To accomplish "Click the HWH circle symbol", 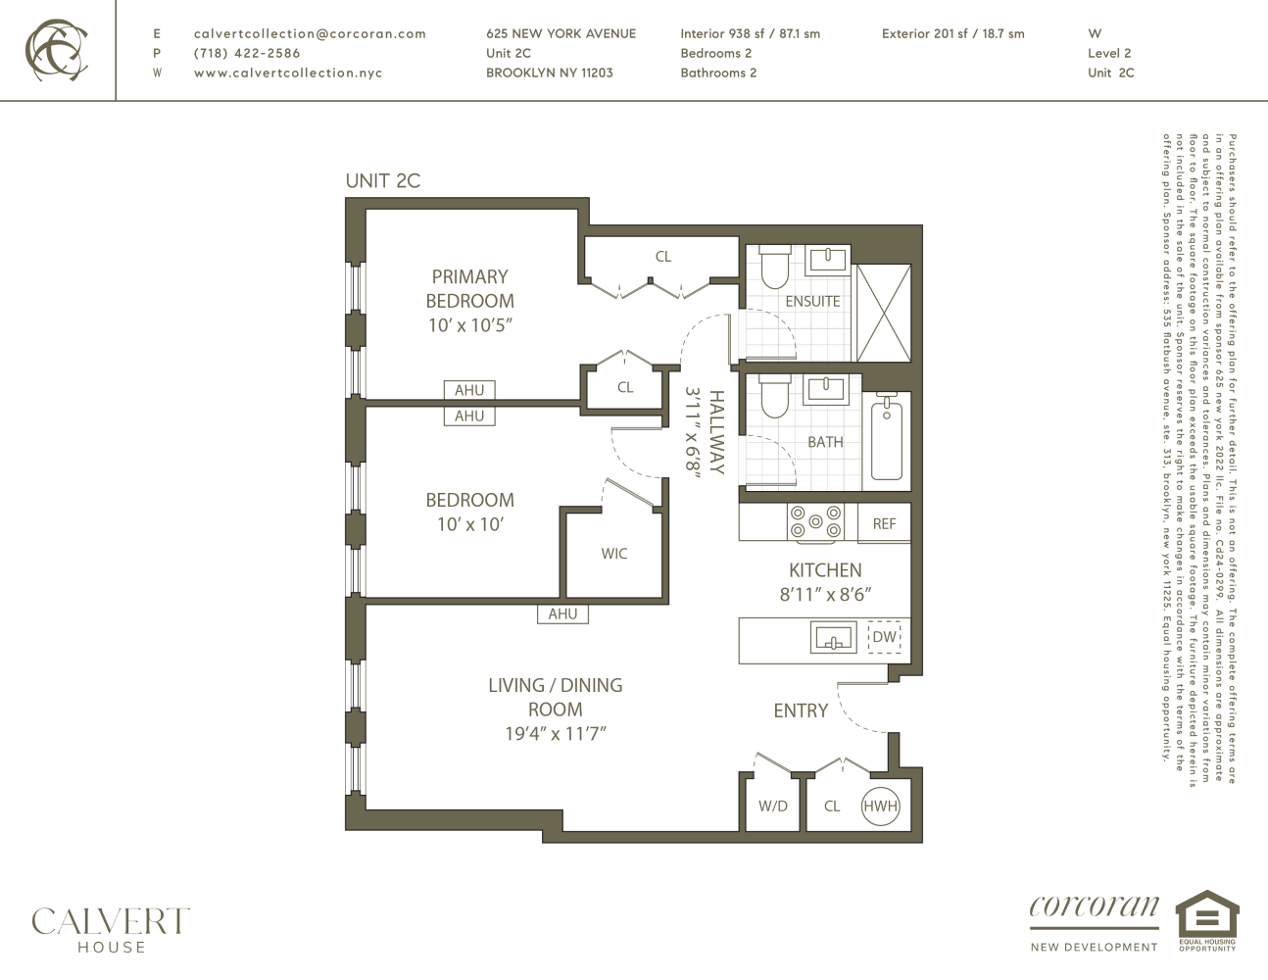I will coord(880,806).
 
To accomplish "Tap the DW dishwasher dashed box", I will coord(884,637).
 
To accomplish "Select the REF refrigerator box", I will coord(884,523).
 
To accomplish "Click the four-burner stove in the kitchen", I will coord(815,522).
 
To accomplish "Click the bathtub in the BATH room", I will coord(887,437).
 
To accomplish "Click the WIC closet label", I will coord(614,554).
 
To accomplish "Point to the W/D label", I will coord(772,807).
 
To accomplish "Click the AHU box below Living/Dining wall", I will coord(562,614).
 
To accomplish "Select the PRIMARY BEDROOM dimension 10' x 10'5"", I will coord(470,325).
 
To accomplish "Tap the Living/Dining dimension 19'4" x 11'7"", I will coord(555,734).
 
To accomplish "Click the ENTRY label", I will coord(801,711).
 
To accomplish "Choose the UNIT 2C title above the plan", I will coord(382,181).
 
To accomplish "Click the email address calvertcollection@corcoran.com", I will coord(310,33).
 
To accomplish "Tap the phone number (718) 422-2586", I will coord(247,53).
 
